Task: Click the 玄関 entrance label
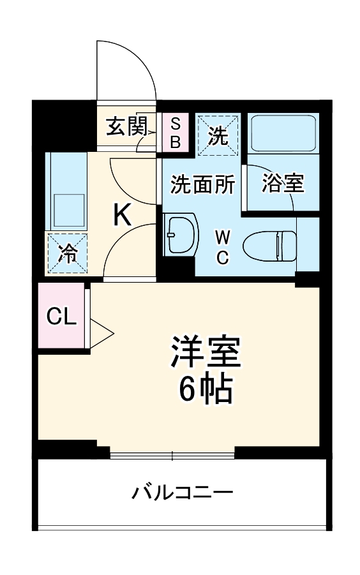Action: pos(126,127)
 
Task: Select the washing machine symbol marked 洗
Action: pos(218,134)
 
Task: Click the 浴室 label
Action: pos(281,184)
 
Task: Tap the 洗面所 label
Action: pos(202,184)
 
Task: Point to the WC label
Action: pos(221,247)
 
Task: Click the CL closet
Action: pos(61,317)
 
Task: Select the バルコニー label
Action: pos(182,492)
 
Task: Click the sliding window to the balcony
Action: pos(172,455)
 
